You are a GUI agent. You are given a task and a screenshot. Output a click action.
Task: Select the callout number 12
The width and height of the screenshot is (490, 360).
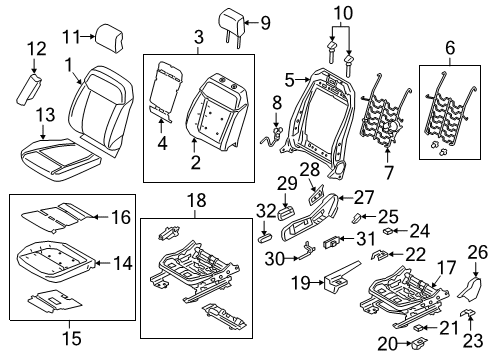tap(36, 48)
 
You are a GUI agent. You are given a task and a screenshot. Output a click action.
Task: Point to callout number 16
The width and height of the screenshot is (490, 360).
tap(120, 215)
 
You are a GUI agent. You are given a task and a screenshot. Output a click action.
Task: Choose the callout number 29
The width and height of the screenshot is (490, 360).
tap(285, 183)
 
